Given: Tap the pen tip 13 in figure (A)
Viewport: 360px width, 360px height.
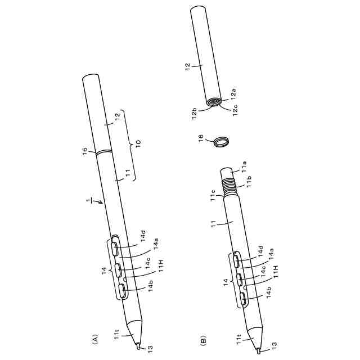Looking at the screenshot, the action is pyautogui.click(x=138, y=346).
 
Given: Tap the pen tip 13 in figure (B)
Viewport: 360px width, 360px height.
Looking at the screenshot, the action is pyautogui.click(x=259, y=351).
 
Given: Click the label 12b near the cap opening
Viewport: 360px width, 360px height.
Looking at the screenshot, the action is pyautogui.click(x=194, y=114).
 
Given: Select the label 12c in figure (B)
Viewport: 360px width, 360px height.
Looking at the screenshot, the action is pyautogui.click(x=235, y=110).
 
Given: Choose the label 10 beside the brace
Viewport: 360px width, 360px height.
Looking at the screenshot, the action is pyautogui.click(x=138, y=143).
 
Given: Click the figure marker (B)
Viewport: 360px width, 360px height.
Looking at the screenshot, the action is pyautogui.click(x=204, y=340).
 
